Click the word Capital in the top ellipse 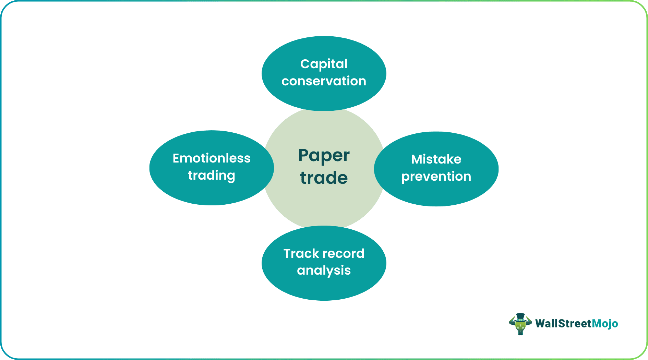[x=324, y=64]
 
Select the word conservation [x=324, y=81]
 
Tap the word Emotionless [x=212, y=158]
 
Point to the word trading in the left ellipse [x=212, y=176]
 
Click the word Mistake [x=436, y=159]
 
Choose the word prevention [x=436, y=177]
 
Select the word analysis [x=324, y=271]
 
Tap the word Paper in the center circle [x=324, y=156]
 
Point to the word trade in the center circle [x=324, y=178]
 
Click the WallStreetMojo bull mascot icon [x=520, y=324]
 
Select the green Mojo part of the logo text [x=605, y=324]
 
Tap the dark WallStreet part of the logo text [x=563, y=324]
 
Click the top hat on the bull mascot [x=520, y=316]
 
